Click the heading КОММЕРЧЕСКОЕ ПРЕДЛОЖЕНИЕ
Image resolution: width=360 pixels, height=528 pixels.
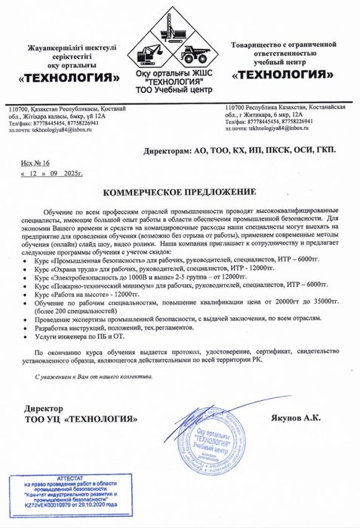point(179,193)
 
